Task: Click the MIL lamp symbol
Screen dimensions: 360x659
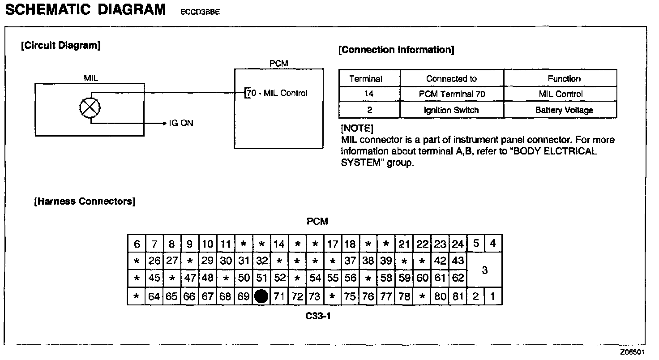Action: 90,107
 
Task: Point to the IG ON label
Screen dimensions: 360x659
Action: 181,123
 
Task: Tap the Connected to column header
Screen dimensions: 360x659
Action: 451,79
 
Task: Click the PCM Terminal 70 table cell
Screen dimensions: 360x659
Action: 451,94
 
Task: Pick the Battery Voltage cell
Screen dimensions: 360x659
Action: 564,110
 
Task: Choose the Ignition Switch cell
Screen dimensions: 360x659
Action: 451,110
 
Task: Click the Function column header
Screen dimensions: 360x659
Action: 564,79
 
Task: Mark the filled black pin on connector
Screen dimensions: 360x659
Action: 261,296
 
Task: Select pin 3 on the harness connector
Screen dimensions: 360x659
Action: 484,270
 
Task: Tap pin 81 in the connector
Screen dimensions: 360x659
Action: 458,296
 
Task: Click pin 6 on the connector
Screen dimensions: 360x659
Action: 137,244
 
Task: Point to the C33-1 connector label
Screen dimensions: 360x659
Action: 318,317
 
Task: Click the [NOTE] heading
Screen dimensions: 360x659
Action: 357,129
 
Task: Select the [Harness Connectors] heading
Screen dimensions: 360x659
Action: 85,201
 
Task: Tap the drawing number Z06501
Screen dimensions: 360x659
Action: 633,352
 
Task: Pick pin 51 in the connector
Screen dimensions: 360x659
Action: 261,278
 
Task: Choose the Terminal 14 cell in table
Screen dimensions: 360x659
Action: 369,94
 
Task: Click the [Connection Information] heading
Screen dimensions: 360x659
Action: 396,50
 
